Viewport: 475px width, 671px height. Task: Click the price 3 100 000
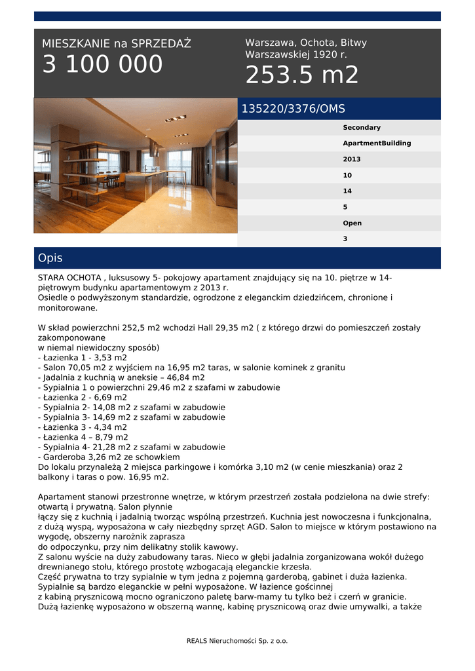[x=102, y=65]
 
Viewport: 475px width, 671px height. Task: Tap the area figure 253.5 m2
[x=302, y=76]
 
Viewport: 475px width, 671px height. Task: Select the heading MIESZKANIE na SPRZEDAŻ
[x=117, y=44]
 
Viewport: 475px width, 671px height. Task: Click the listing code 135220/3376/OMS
[x=293, y=109]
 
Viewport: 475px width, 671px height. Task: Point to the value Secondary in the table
[x=362, y=128]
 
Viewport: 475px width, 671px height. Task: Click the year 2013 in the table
[x=352, y=159]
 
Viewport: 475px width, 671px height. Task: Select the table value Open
[x=352, y=223]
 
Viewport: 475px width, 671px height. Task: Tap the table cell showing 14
[x=347, y=191]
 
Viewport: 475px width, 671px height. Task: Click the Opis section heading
[x=50, y=258]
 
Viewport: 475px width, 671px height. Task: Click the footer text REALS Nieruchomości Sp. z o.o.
[x=237, y=641]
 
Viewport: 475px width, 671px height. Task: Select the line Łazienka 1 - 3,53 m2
[x=83, y=358]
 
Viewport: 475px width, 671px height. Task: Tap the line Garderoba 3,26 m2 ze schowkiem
[x=109, y=457]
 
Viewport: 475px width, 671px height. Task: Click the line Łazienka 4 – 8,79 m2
[x=83, y=437]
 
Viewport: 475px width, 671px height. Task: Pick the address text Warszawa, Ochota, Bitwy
[x=306, y=43]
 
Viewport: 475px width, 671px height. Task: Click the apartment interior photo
[x=136, y=166]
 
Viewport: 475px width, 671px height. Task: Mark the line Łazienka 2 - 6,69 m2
[x=83, y=397]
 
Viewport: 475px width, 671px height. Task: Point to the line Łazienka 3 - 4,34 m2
[x=83, y=427]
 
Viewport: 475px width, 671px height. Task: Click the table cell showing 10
[x=347, y=176]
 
